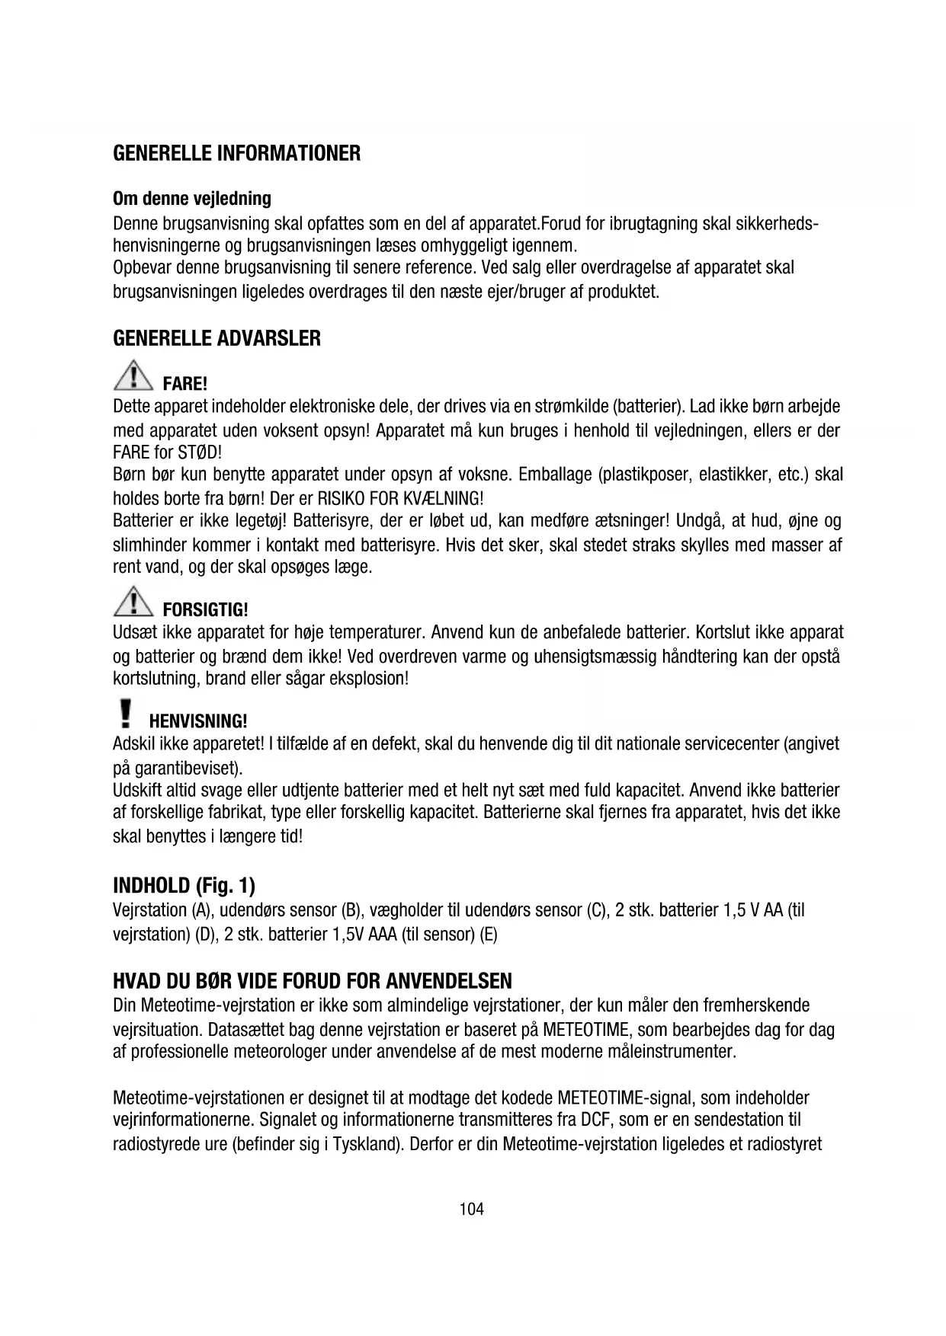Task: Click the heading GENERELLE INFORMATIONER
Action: tap(236, 154)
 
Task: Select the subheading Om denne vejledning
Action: tap(191, 199)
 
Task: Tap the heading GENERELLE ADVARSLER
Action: tap(216, 339)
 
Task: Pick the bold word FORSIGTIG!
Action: tap(206, 610)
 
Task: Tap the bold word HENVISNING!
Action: tap(198, 721)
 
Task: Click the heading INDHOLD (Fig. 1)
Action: tap(184, 886)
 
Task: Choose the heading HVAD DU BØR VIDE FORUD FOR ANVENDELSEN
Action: tap(313, 981)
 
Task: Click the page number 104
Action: tap(472, 1209)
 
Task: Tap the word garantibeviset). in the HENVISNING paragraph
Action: tap(188, 767)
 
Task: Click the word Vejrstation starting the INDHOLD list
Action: tap(149, 910)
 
